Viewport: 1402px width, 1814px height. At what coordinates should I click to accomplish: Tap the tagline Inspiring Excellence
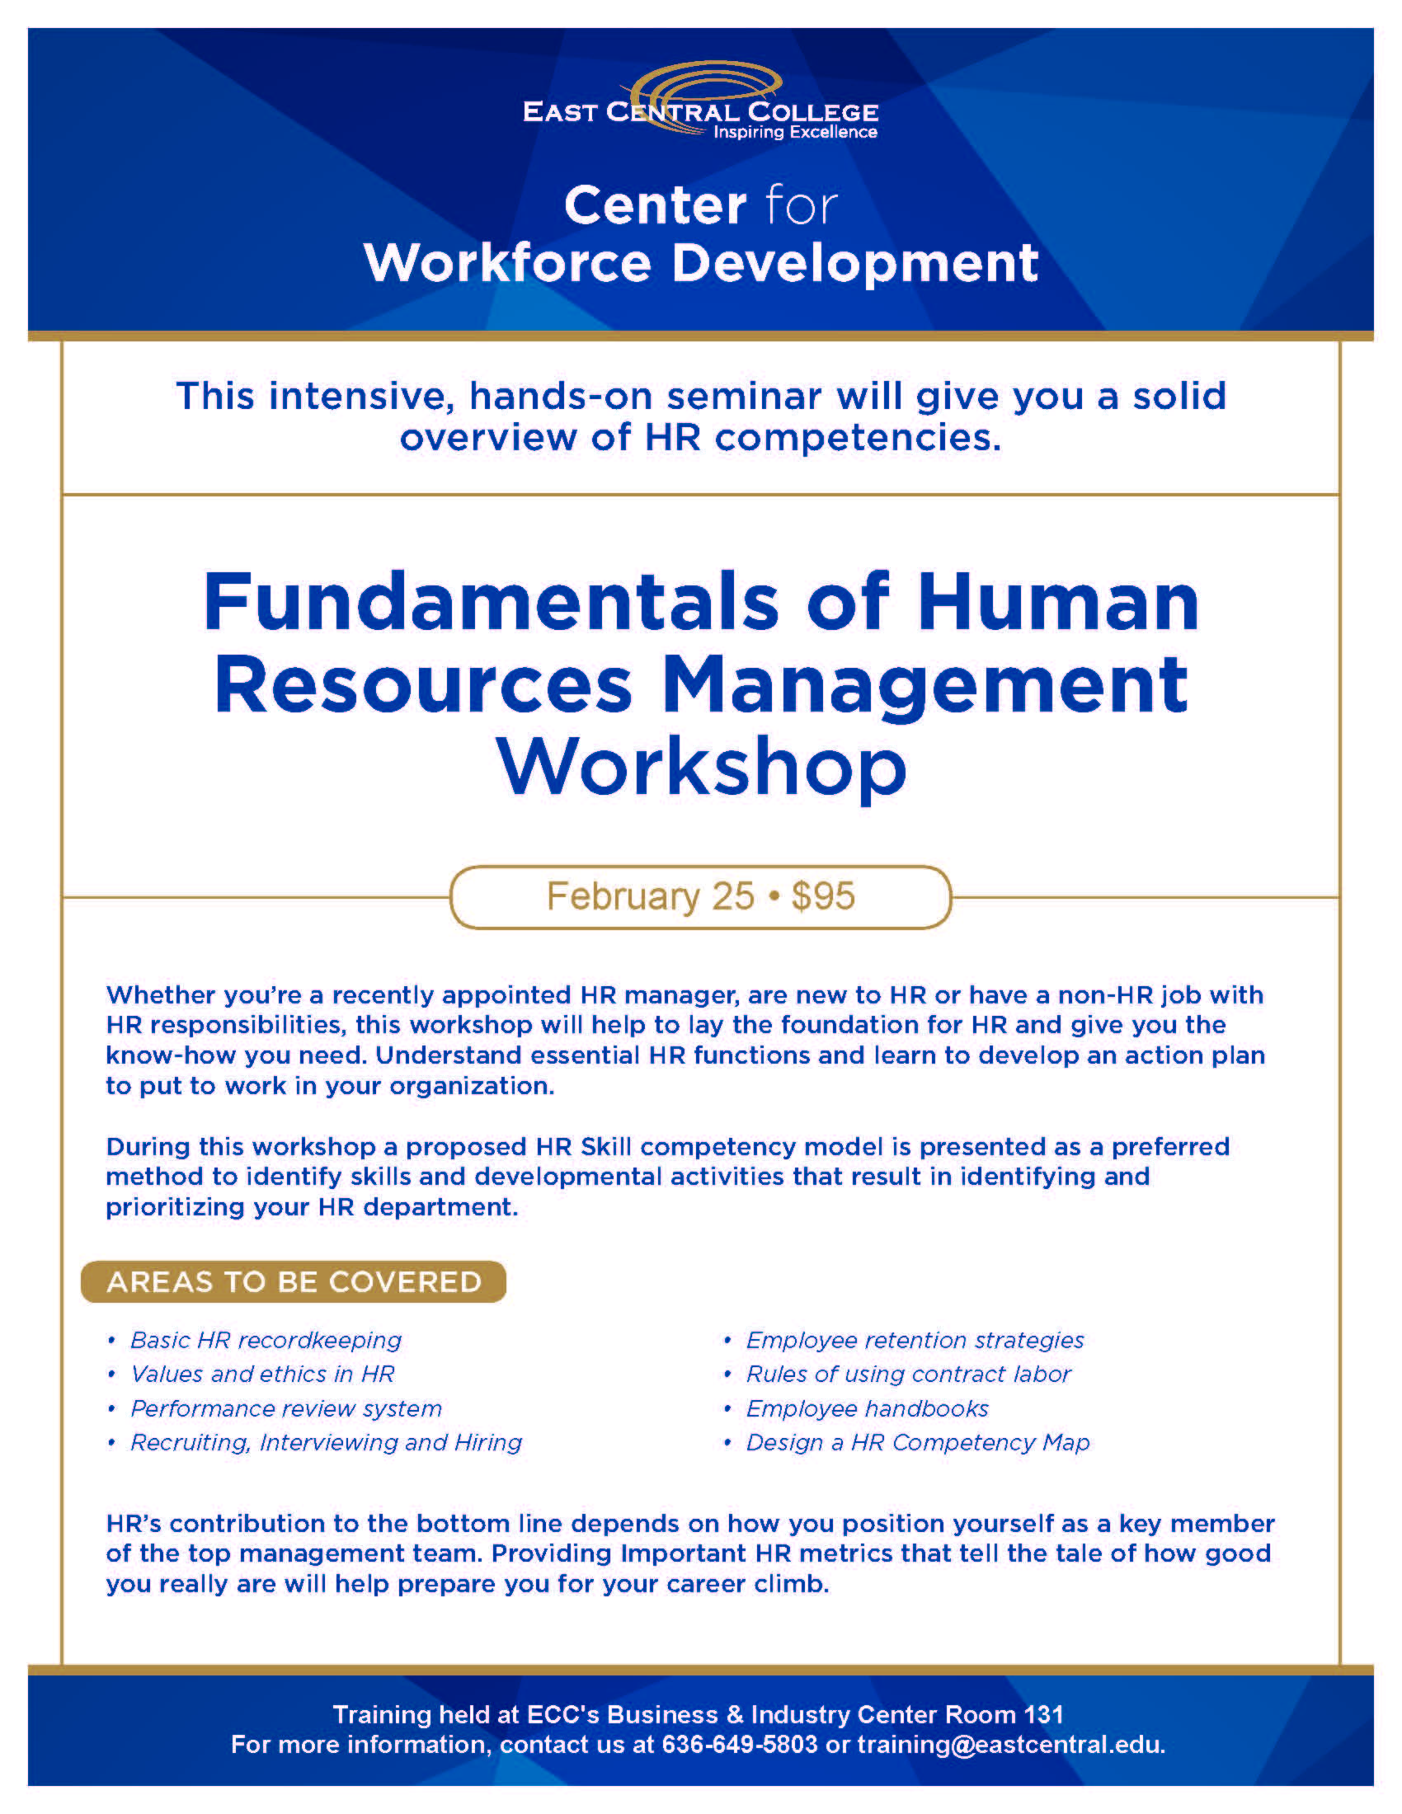click(x=795, y=132)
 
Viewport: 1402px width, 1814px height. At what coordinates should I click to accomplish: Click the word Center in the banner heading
click(x=656, y=205)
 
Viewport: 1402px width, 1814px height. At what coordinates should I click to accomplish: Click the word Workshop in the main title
click(x=702, y=768)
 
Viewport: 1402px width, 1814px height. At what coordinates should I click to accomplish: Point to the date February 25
click(x=651, y=896)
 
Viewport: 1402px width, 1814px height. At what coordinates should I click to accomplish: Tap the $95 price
click(x=822, y=896)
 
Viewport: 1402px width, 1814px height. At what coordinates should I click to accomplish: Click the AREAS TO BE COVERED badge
click(x=294, y=1281)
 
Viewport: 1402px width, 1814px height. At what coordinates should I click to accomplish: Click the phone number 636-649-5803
click(x=739, y=1745)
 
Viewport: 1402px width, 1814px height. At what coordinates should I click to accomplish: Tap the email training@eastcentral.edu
click(x=1011, y=1745)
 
